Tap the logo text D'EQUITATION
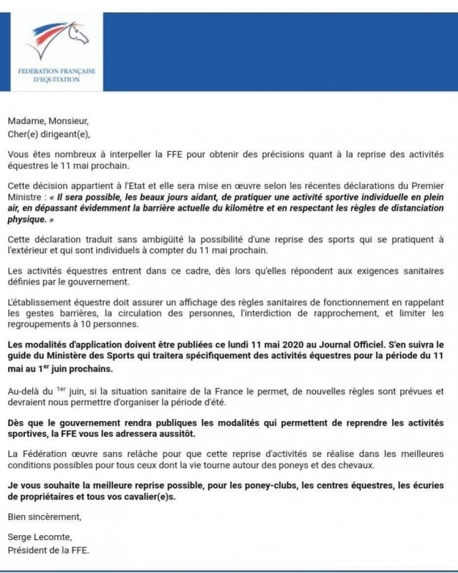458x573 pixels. (x=61, y=80)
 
